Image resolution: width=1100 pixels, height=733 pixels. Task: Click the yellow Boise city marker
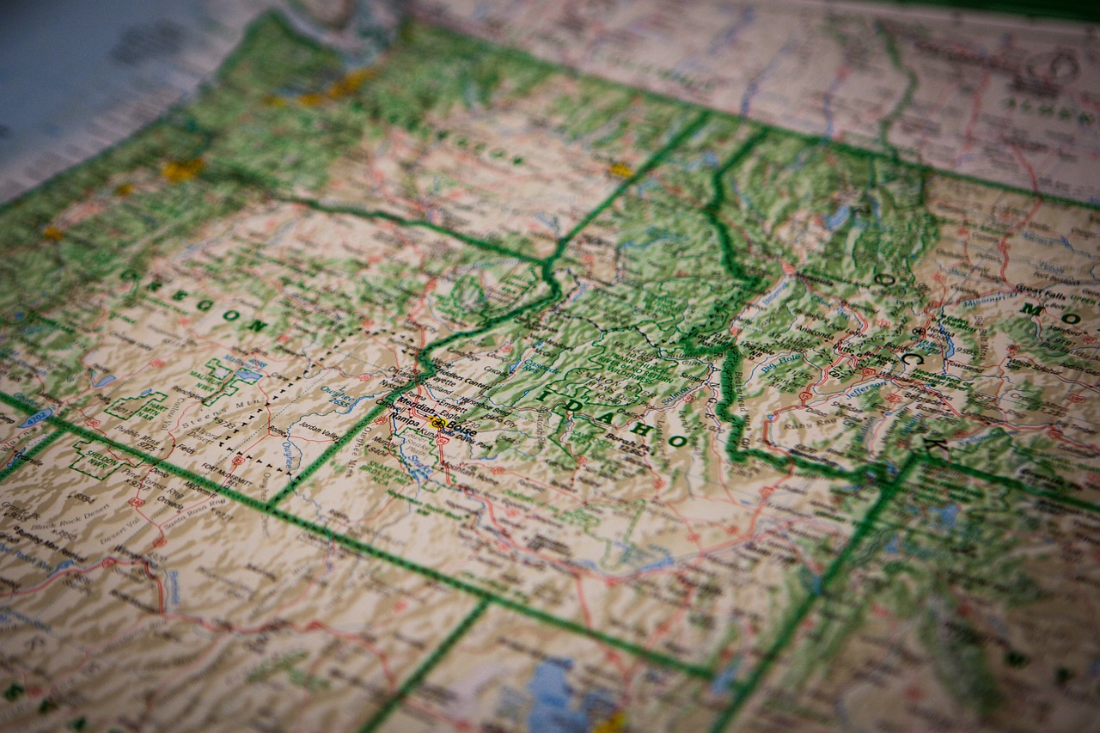tap(437, 423)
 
